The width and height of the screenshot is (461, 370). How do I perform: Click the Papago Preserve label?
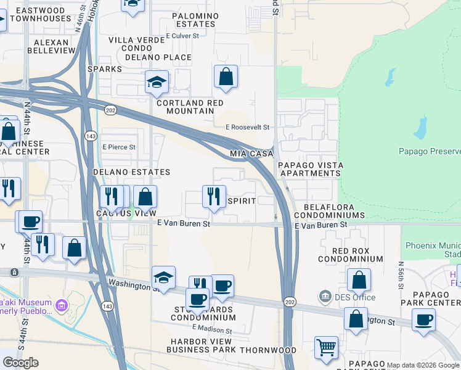429,152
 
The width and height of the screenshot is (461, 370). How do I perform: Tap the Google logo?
20,363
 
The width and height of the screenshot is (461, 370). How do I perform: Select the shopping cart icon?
326,347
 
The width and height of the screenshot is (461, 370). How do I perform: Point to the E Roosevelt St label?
248,127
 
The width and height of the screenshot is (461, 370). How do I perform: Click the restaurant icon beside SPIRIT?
214,196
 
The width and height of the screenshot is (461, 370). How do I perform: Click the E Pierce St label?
118,147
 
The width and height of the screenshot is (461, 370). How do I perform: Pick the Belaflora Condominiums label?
328,211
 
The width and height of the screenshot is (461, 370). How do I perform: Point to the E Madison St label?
211,331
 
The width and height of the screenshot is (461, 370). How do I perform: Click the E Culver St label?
182,36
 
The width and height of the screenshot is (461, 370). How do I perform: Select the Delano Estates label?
131,172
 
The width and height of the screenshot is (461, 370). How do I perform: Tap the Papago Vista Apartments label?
311,169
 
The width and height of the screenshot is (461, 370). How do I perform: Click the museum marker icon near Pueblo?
61,305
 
